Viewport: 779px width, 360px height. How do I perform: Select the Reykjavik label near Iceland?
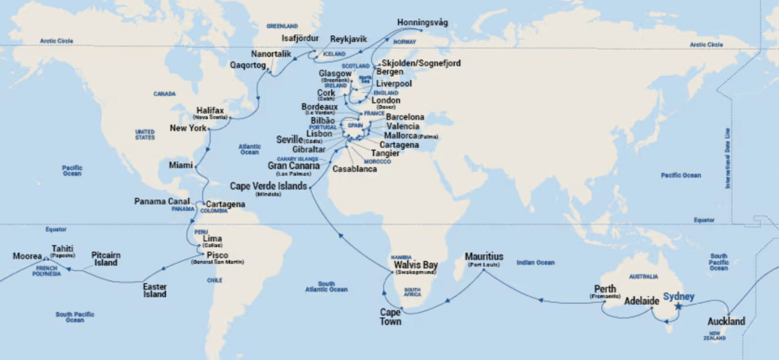(x=349, y=39)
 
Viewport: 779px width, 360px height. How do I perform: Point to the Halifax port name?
(x=210, y=110)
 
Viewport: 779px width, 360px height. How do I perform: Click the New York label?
(x=188, y=128)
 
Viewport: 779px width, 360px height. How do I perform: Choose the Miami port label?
(x=182, y=164)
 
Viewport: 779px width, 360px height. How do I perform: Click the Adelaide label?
(x=641, y=301)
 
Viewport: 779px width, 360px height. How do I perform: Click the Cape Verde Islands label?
(x=270, y=185)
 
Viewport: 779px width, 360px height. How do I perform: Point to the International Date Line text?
(x=730, y=159)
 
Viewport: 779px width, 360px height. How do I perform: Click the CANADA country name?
(x=164, y=94)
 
